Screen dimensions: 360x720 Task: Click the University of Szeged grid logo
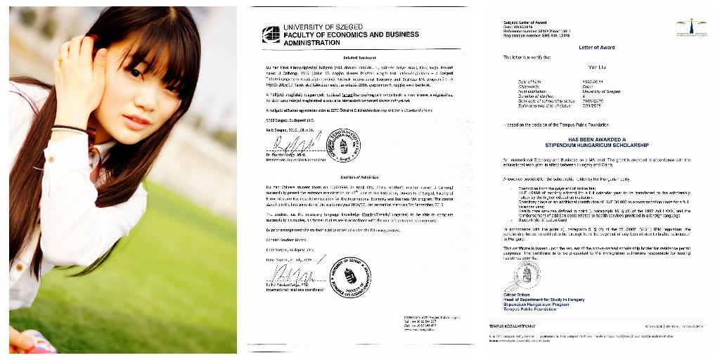(x=271, y=34)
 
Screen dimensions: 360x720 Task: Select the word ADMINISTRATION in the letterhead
(x=311, y=42)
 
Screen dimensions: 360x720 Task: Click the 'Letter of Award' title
(x=596, y=48)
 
